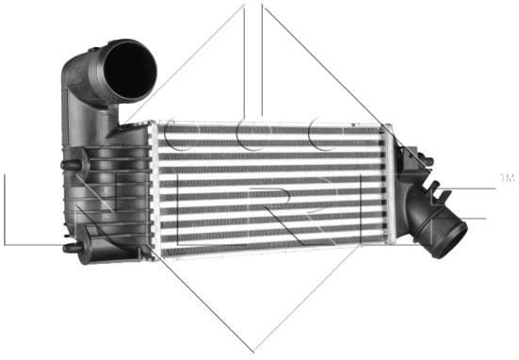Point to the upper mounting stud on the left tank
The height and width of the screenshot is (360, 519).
[70, 165]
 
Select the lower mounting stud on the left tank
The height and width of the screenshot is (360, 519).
[70, 249]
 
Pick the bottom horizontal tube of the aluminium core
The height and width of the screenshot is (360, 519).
[273, 249]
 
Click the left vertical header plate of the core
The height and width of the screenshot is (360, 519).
[155, 188]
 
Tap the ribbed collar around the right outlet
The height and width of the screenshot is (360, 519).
[429, 212]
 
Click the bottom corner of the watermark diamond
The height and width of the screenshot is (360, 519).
[253, 350]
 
